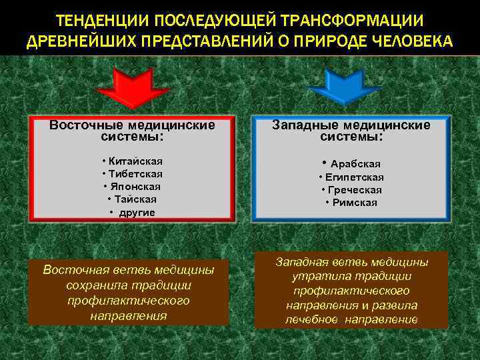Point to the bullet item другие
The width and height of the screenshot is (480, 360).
tap(137, 212)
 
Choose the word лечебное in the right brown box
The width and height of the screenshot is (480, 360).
tap(313, 319)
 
